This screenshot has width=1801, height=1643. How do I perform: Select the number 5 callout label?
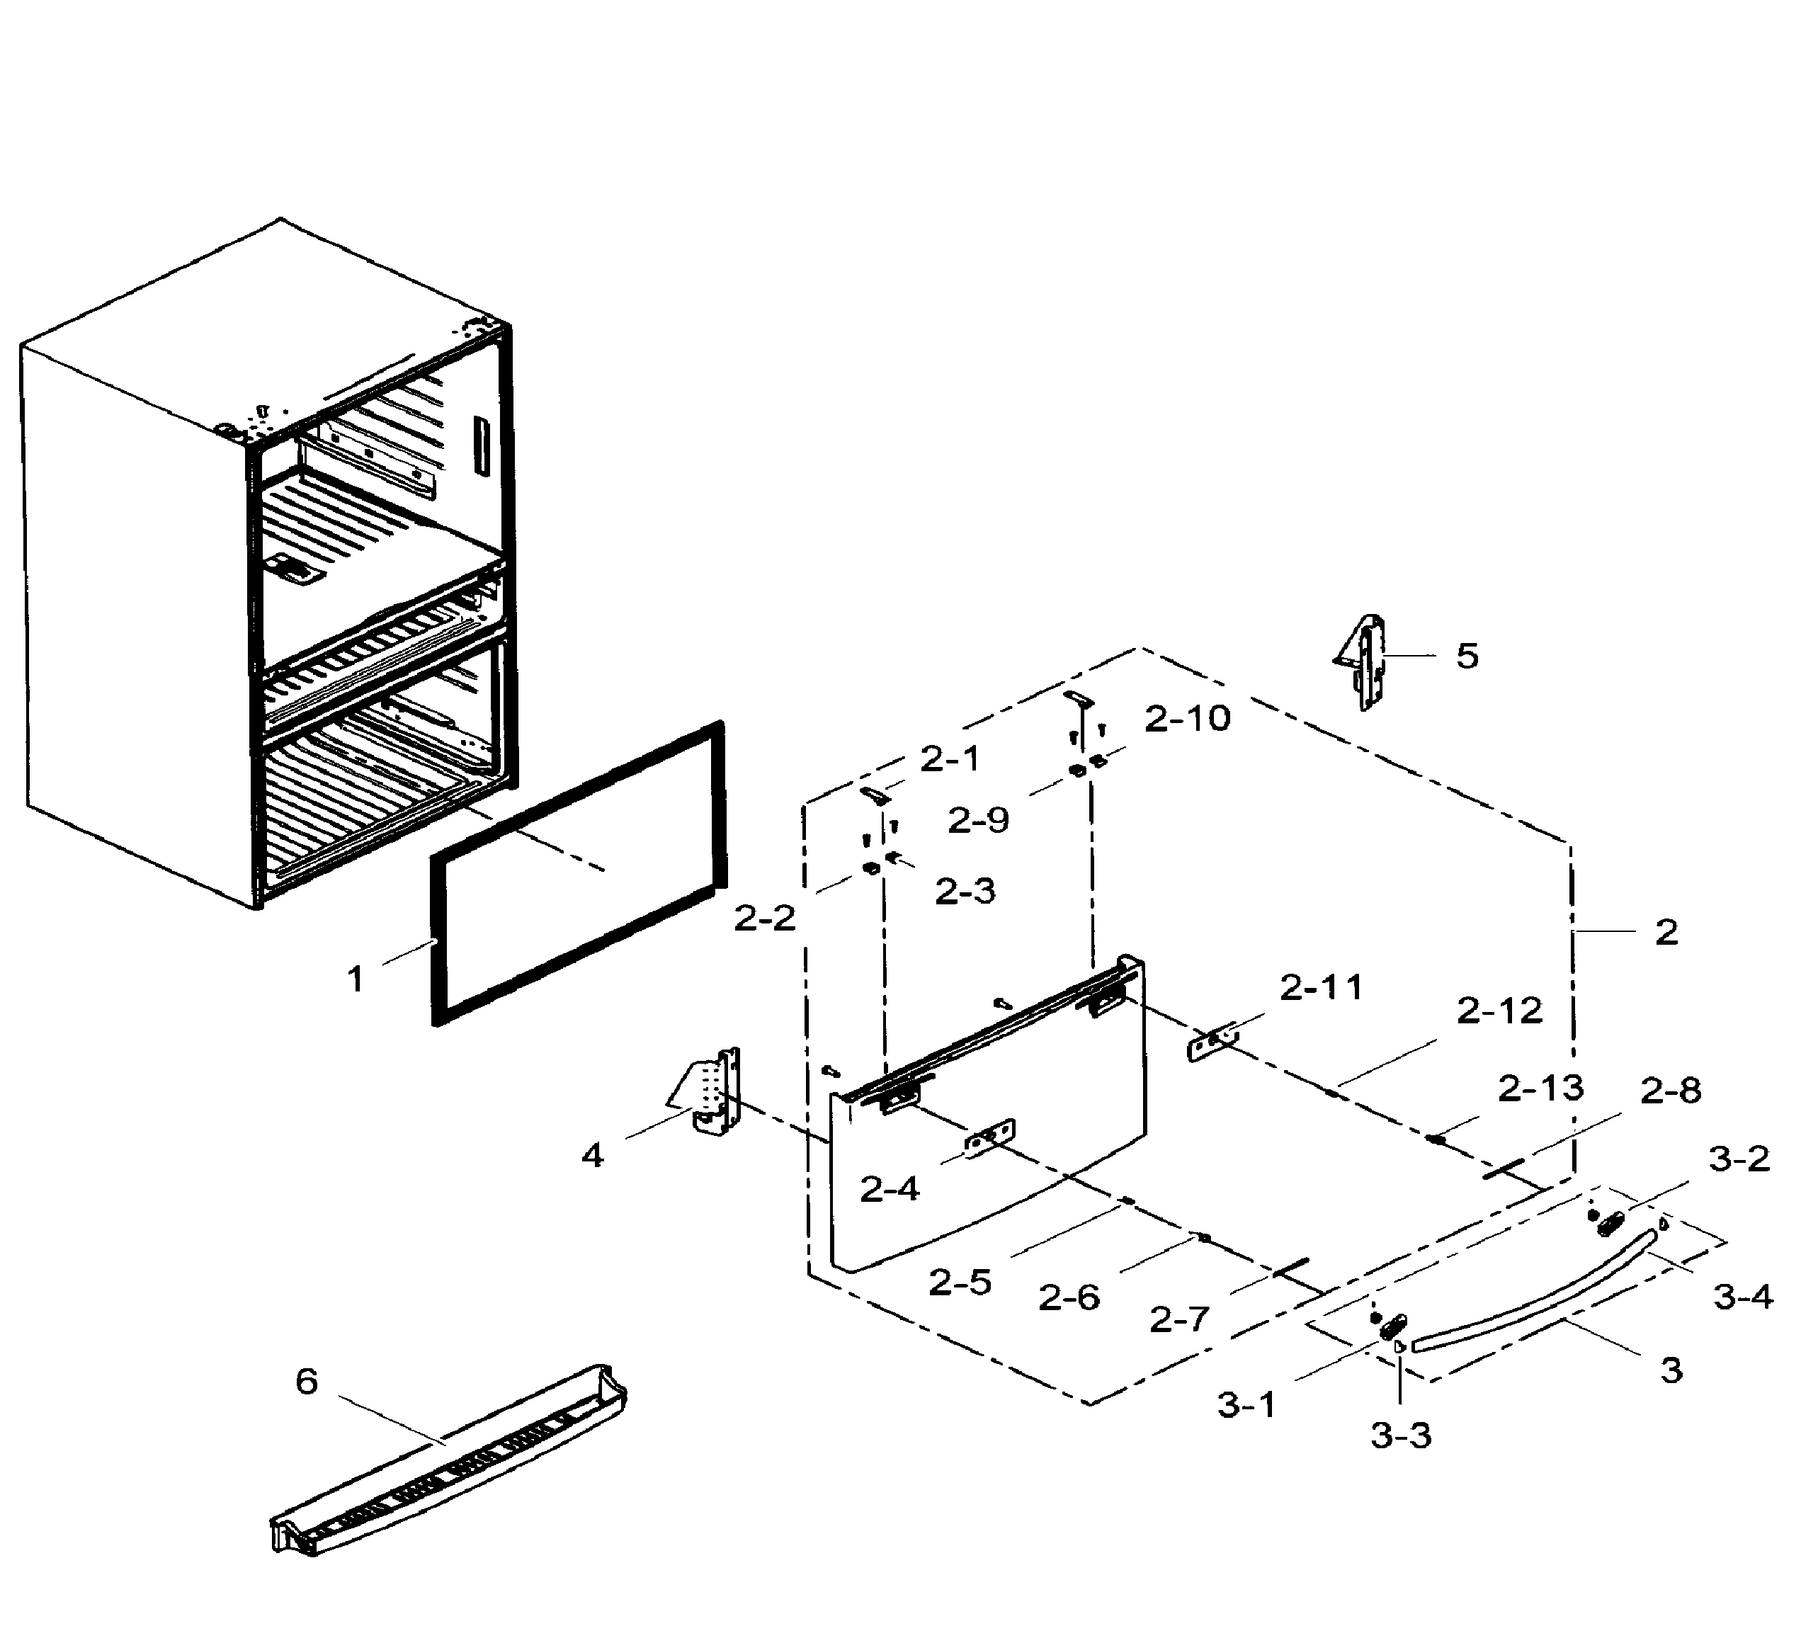1467,656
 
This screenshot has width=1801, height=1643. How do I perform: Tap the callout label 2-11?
1322,988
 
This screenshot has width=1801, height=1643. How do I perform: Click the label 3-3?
1401,1436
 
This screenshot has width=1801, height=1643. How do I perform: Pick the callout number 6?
307,1382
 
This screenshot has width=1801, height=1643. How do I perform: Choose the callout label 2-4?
889,1190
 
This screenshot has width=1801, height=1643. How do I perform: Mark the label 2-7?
1179,1319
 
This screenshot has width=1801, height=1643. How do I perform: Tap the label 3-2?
1739,1159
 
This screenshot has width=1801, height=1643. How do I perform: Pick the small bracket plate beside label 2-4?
989,1137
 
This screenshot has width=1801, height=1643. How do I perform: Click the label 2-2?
765,919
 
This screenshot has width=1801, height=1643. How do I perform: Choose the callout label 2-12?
1499,1011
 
